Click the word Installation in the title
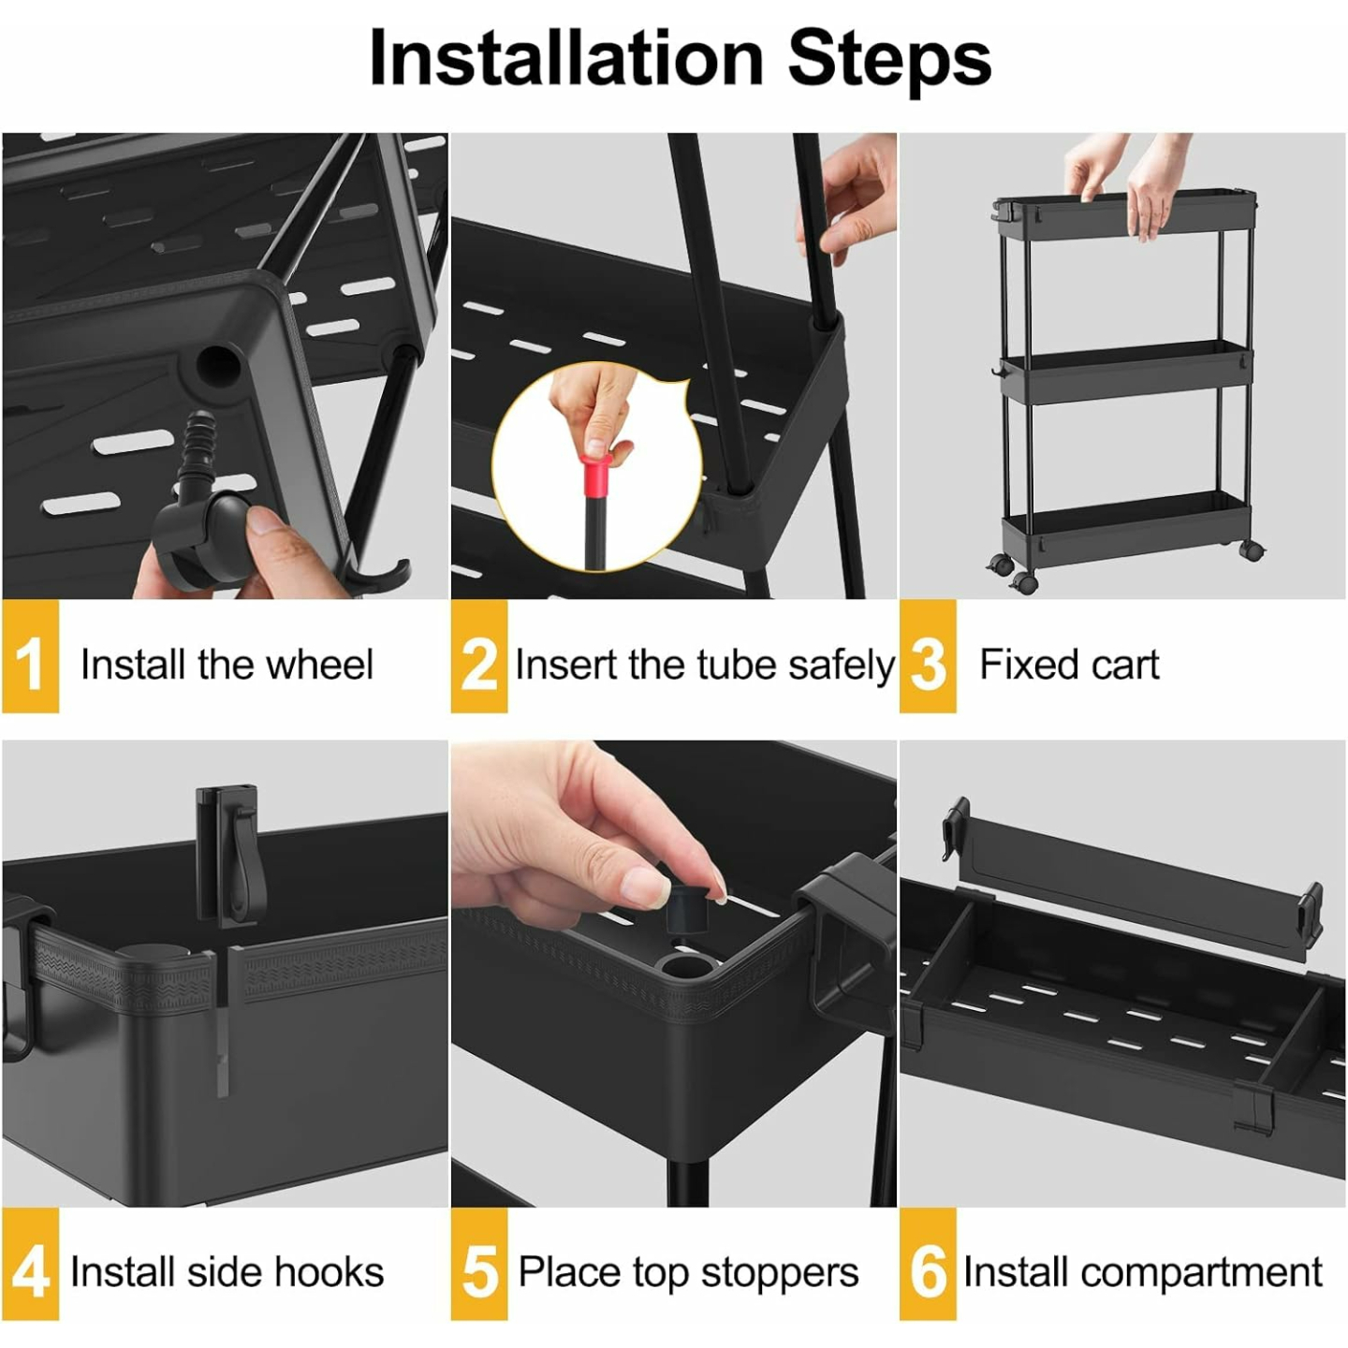[566, 58]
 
